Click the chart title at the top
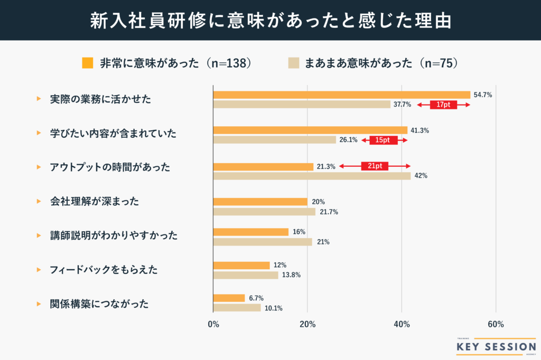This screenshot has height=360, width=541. pyautogui.click(x=270, y=21)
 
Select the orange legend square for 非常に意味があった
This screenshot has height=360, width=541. pyautogui.click(x=88, y=63)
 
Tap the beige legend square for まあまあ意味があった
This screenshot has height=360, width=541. pyautogui.click(x=294, y=63)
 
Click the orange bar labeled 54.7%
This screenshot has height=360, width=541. pyautogui.click(x=341, y=95)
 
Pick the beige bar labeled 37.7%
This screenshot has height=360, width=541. pyautogui.click(x=301, y=105)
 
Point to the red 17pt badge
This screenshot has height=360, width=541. pyautogui.click(x=443, y=105)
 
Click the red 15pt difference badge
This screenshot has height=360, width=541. pyautogui.click(x=384, y=140)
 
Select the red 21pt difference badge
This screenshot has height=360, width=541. pyautogui.click(x=375, y=166)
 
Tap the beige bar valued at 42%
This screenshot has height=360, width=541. pyautogui.click(x=312, y=176)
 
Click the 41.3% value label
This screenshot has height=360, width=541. pyautogui.click(x=419, y=130)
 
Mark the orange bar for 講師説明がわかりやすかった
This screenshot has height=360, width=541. pyautogui.click(x=250, y=232)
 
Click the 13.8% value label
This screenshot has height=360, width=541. pyautogui.click(x=291, y=275)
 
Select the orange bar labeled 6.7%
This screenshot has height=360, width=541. pyautogui.click(x=229, y=298)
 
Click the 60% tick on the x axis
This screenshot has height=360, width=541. pyautogui.click(x=496, y=324)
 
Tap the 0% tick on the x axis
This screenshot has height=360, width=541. pyautogui.click(x=213, y=324)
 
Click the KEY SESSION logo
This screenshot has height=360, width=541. pyautogui.click(x=495, y=346)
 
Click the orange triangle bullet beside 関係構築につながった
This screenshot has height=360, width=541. pyautogui.click(x=39, y=304)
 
